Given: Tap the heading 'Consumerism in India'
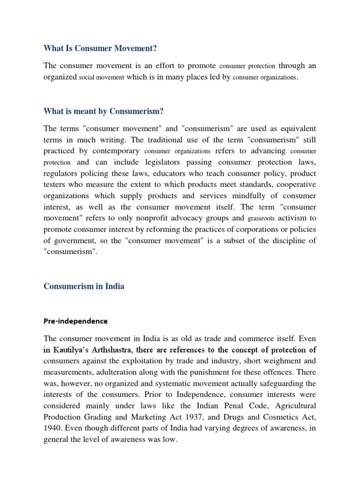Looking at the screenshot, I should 84,286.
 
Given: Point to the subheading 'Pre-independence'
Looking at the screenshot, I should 75,321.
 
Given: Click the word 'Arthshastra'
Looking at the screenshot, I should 134,350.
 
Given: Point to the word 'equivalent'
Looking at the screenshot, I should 296,128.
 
